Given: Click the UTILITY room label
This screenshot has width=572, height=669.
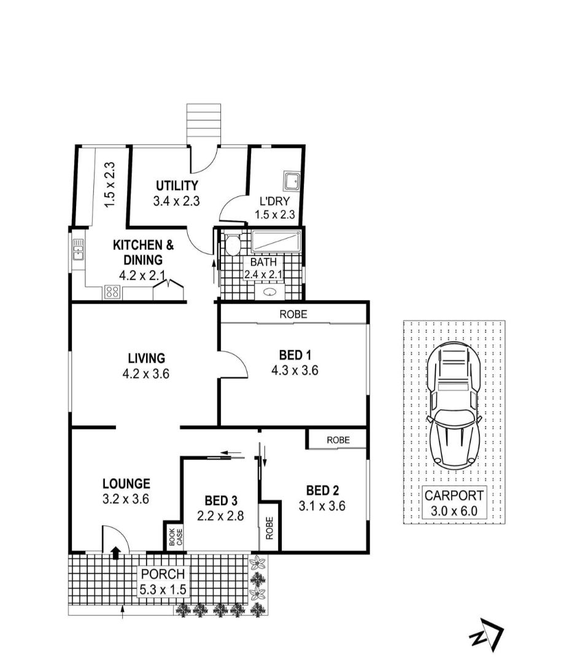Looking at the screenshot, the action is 177,185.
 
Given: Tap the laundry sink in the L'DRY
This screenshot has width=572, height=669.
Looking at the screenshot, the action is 292,181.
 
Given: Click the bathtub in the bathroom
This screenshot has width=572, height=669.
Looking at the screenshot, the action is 276,241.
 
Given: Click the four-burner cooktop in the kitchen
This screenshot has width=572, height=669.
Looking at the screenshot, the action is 112,292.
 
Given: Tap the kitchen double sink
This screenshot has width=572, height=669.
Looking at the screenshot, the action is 79,250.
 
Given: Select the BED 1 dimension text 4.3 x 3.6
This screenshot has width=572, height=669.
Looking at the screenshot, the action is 295,370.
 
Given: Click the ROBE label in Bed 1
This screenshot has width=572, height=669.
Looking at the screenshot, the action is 293,314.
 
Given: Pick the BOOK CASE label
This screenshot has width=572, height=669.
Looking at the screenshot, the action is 176,537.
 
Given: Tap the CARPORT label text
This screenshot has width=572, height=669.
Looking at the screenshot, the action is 454,496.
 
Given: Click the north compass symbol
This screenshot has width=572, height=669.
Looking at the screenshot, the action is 487,635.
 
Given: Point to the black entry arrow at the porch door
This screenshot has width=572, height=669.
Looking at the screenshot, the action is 115,553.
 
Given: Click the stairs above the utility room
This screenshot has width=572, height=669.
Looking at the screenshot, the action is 204,124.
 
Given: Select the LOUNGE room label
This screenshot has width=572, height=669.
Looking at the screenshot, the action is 126,484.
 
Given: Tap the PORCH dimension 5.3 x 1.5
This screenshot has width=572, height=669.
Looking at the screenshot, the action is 163,590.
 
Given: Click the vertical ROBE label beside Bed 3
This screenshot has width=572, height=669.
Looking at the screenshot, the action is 269,528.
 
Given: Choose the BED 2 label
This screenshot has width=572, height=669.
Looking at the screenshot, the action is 322,490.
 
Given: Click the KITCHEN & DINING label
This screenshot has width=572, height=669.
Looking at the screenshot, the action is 144,252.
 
